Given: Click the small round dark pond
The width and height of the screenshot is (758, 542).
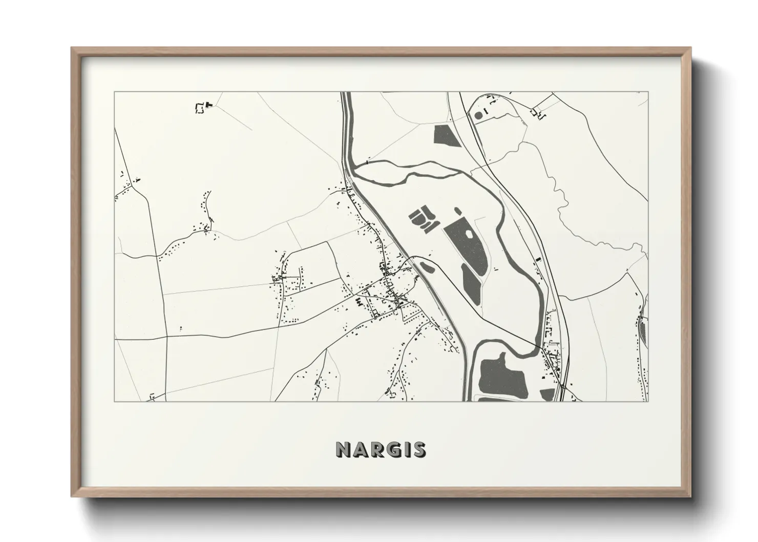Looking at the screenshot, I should pos(478,115).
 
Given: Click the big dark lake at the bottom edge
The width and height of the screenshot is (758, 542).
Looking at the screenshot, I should pos(496,374).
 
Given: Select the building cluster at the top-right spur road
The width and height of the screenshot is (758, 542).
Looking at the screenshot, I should pos(539,113).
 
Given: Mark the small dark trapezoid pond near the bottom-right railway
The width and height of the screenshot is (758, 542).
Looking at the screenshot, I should pos(548,394).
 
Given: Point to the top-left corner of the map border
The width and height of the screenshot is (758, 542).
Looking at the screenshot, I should pos(114,92).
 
